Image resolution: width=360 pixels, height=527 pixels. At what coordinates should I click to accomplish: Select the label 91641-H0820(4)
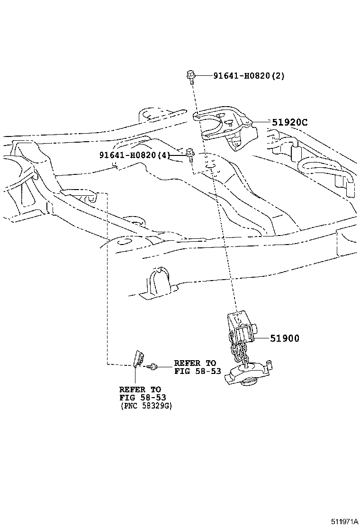click(135, 155)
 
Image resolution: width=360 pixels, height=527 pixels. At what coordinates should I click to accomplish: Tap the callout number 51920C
click(290, 122)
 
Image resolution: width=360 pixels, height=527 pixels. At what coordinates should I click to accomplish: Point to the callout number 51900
click(285, 338)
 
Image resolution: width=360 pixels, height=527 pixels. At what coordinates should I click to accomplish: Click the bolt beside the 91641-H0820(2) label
click(190, 76)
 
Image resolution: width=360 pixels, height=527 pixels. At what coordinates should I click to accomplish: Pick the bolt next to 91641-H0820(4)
click(190, 154)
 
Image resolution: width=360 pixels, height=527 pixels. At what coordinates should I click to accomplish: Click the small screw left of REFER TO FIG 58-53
click(153, 366)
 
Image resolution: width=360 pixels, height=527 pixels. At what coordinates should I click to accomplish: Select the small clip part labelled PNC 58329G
click(139, 358)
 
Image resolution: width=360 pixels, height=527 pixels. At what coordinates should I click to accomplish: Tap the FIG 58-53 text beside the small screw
click(198, 371)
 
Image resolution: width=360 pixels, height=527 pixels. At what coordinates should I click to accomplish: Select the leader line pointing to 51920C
click(262, 122)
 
